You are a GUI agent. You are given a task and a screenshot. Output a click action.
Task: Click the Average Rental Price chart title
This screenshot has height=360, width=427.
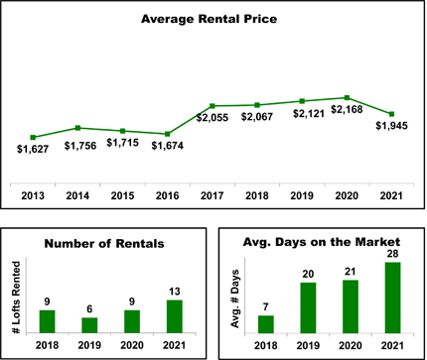pyautogui.click(x=209, y=19)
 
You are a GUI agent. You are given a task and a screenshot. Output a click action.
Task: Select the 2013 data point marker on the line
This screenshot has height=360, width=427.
pyautogui.click(x=33, y=138)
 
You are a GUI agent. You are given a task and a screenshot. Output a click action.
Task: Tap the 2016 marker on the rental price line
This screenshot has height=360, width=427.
pyautogui.click(x=168, y=134)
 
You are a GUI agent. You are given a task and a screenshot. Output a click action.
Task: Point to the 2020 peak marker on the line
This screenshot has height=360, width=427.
pyautogui.click(x=347, y=98)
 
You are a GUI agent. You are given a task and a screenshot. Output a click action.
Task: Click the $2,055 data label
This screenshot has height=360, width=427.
pyautogui.click(x=213, y=118)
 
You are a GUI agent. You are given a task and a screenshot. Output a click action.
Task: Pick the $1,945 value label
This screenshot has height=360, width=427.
pyautogui.click(x=391, y=126)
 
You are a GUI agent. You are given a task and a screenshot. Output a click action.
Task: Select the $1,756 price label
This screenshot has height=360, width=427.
pyautogui.click(x=80, y=146)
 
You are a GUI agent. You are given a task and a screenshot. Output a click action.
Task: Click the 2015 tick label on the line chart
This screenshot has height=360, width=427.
pyautogui.click(x=122, y=195)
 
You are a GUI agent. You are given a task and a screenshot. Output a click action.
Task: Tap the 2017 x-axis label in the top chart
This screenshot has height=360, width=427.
pyautogui.click(x=213, y=195)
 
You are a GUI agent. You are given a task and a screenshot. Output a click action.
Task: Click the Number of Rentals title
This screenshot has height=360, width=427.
pyautogui.click(x=104, y=244)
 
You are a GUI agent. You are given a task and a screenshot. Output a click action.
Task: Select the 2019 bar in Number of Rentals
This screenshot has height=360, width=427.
pyautogui.click(x=89, y=325)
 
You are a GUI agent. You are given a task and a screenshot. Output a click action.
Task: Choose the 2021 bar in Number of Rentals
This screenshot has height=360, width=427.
pyautogui.click(x=175, y=316)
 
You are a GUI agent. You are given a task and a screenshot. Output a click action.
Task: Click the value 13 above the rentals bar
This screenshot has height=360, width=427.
pyautogui.click(x=175, y=292)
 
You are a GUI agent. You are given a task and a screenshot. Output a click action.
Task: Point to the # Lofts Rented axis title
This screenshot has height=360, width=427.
pyautogui.click(x=16, y=298)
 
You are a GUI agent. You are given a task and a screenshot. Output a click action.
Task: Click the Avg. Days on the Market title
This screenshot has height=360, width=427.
pyautogui.click(x=322, y=242)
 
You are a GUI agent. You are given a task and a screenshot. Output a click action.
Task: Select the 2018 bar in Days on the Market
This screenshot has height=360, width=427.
pyautogui.click(x=266, y=324)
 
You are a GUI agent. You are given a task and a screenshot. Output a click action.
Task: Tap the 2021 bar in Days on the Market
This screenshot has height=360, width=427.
pyautogui.click(x=392, y=298)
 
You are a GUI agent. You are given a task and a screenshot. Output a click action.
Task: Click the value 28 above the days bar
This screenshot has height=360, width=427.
pyautogui.click(x=392, y=254)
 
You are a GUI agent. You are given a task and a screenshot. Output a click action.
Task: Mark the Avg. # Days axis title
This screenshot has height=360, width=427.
pyautogui.click(x=235, y=299)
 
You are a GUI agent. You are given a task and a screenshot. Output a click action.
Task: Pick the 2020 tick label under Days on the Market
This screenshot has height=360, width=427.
pyautogui.click(x=351, y=346)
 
